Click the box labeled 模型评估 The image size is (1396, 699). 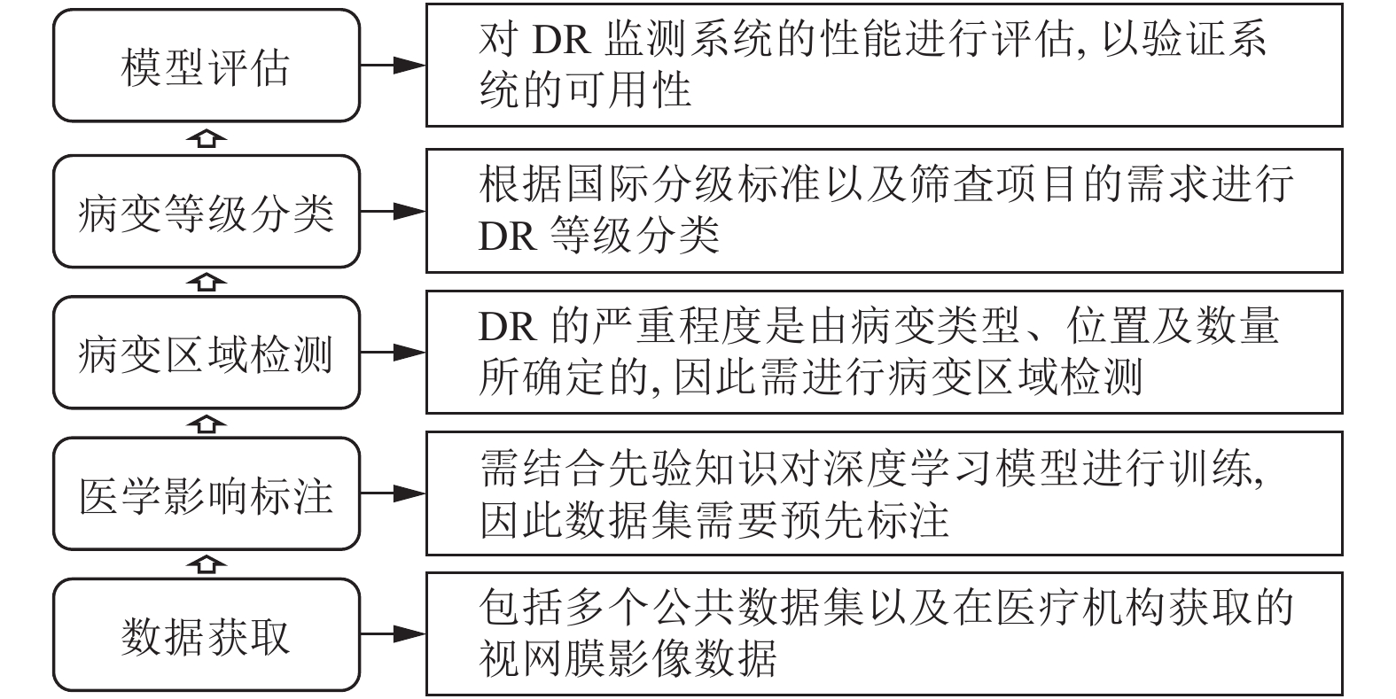pos(207,66)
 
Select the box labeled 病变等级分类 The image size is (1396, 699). pos(207,212)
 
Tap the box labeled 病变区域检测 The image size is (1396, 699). pos(207,353)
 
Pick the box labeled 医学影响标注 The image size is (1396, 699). pos(207,494)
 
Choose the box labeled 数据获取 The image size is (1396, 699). pos(207,635)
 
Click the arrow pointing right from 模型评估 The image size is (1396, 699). pos(394,65)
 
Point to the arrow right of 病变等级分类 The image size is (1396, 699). pos(394,211)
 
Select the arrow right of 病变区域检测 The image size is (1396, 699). pos(394,353)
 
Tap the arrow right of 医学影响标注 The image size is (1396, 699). pos(394,493)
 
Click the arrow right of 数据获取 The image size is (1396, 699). pos(394,634)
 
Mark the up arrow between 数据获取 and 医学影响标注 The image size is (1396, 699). pos(207,564)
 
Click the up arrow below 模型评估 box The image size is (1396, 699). pos(207,138)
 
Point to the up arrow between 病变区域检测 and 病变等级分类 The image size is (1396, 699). pos(207,283)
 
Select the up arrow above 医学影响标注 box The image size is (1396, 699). pos(207,423)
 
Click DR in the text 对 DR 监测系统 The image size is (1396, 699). pos(561,40)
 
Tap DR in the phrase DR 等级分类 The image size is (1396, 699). pos(507,237)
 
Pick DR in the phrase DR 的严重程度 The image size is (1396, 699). pos(507,327)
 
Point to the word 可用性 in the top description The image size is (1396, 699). pos(628,89)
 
